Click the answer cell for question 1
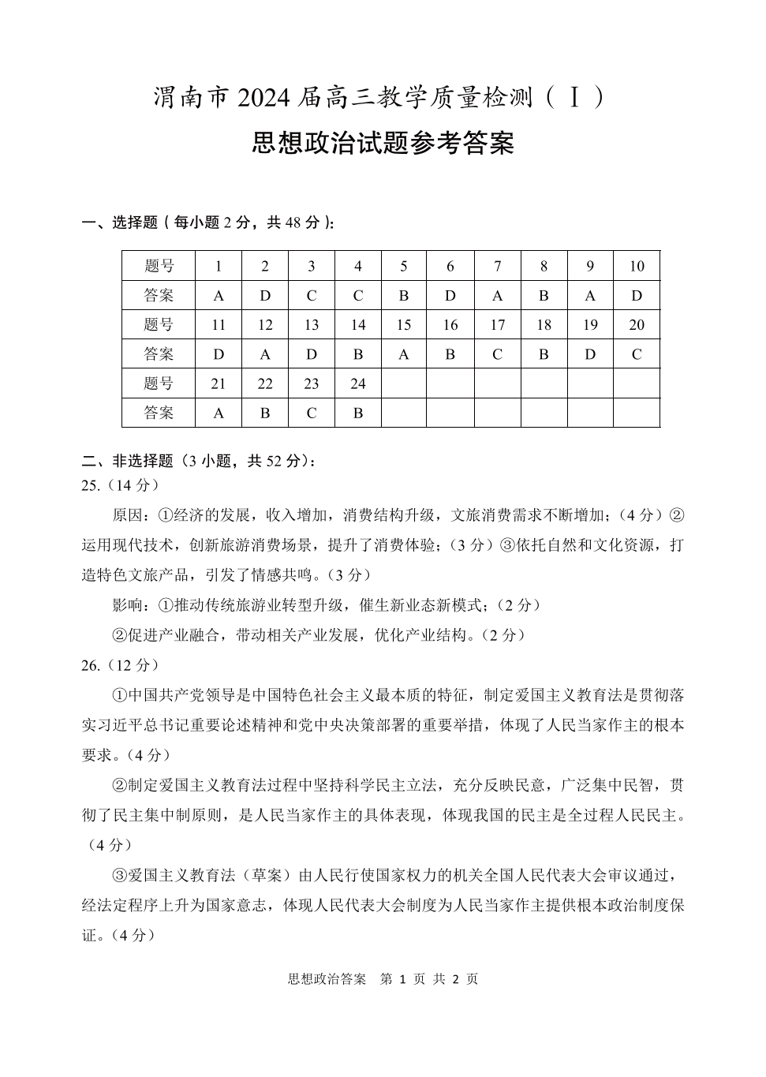[x=219, y=296]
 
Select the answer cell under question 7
[x=497, y=296]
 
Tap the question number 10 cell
[x=637, y=267]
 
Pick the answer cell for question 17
[x=497, y=354]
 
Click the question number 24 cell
[x=358, y=383]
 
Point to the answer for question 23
[x=312, y=413]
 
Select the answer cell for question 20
[x=637, y=354]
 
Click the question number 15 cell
[x=404, y=325]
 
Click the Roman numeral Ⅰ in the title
[x=576, y=98]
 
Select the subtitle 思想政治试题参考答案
[x=383, y=144]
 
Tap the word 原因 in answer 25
[x=129, y=515]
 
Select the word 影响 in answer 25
[x=129, y=605]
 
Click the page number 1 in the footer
[x=403, y=979]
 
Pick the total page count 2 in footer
[x=455, y=979]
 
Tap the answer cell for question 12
[x=265, y=354]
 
